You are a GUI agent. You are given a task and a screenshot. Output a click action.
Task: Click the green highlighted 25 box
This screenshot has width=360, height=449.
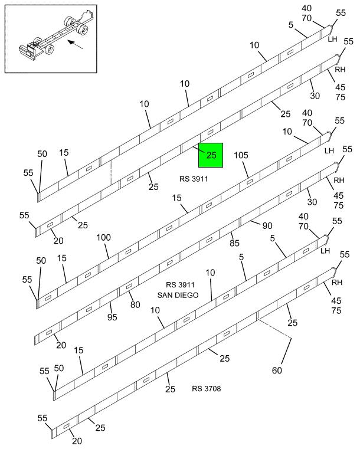tap(210, 155)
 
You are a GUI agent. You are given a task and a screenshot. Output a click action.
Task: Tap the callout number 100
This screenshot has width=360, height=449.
tap(103, 237)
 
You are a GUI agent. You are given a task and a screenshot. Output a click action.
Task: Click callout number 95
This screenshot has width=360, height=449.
tap(112, 317)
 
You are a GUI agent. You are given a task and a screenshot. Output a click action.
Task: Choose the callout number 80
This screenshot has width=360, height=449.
tap(135, 305)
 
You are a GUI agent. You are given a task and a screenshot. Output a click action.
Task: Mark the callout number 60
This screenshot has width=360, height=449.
tap(277, 371)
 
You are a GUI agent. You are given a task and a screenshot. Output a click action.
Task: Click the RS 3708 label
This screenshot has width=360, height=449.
tap(207, 388)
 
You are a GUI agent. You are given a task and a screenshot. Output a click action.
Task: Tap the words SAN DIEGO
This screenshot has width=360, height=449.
tap(178, 294)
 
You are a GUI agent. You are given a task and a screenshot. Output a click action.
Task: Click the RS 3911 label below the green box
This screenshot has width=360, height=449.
tap(194, 178)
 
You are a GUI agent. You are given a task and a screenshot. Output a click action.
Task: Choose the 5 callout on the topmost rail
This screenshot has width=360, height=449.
tap(292, 25)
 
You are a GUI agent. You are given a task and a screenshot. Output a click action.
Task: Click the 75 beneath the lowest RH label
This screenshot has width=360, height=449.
tap(336, 310)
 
